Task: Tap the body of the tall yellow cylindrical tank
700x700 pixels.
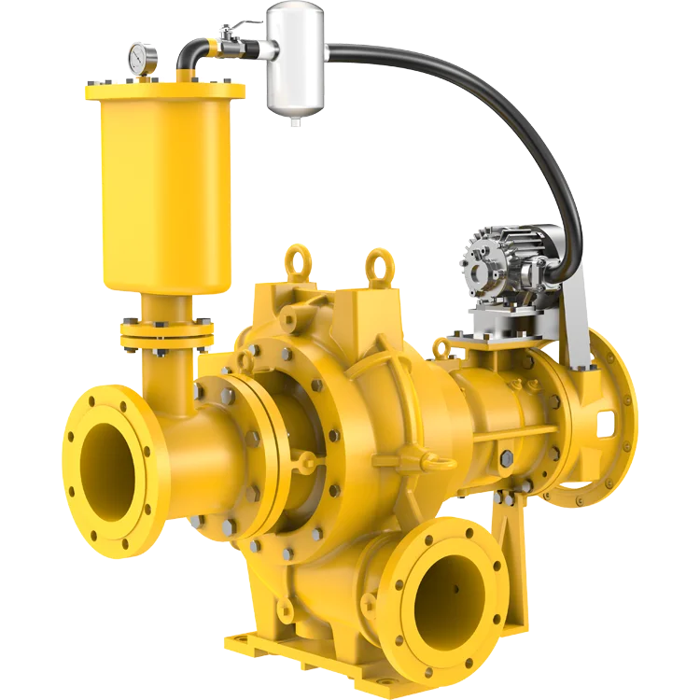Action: click(163, 187)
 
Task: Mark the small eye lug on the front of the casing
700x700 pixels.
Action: click(439, 460)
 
